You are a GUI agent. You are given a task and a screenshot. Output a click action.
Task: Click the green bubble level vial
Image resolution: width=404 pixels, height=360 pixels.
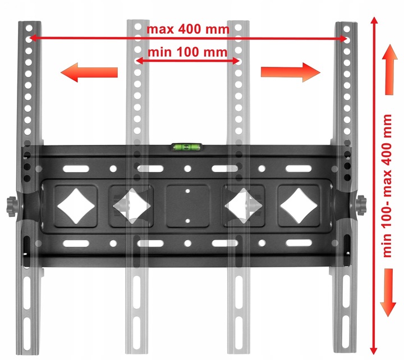coord(187,147)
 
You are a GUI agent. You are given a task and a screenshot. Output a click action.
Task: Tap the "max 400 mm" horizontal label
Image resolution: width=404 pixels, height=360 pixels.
coord(188,29)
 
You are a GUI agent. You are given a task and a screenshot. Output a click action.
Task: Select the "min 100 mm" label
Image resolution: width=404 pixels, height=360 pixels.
coord(187,52)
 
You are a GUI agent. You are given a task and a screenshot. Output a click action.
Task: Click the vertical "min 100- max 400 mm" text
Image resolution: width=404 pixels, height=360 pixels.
coord(387,186)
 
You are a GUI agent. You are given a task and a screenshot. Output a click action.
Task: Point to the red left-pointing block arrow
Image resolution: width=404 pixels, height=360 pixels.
coord(89,72)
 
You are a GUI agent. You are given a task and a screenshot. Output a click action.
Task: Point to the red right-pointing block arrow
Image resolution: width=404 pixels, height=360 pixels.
coord(291,72)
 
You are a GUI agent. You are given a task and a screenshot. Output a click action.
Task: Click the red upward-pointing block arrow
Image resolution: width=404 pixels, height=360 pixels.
coord(389,70)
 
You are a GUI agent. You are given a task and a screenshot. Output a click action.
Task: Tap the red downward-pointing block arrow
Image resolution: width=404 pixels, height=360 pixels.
coord(388,293)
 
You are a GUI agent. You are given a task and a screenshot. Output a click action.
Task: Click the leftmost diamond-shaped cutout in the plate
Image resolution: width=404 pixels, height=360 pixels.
coord(76,206)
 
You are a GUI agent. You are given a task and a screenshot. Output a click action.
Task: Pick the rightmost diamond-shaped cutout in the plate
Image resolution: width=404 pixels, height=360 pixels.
coord(299,206)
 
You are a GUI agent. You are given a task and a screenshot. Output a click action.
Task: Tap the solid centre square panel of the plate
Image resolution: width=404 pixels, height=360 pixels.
coord(187,206)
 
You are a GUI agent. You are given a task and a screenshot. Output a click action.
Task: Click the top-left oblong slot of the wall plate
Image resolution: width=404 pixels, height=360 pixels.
coord(76,169)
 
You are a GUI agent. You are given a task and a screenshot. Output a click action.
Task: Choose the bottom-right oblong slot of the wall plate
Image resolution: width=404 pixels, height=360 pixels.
coord(299,243)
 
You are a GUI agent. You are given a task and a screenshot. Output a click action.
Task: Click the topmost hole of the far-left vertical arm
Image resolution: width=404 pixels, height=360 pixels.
coord(29,28)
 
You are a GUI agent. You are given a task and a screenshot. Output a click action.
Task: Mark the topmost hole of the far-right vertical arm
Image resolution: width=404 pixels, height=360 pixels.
coord(347,29)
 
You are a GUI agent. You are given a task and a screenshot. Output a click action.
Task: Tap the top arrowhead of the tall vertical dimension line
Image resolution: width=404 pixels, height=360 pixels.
coord(374,21)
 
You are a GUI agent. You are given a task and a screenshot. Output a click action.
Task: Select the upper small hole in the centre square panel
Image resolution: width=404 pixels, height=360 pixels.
coord(187,191)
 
